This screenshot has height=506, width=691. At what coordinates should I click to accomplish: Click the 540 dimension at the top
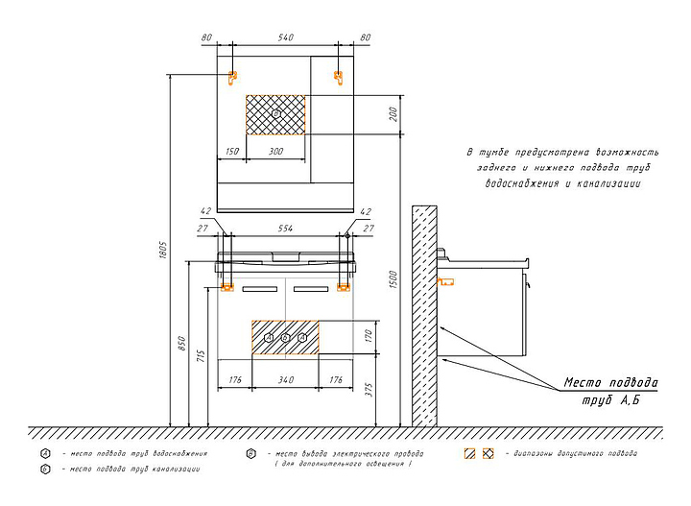coord(285,37)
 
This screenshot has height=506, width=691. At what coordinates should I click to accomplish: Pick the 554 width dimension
coord(285,229)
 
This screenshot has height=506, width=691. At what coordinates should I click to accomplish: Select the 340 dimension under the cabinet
coord(285,380)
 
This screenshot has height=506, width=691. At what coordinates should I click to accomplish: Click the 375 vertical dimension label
coord(368,389)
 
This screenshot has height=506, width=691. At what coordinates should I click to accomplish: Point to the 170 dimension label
coord(368,336)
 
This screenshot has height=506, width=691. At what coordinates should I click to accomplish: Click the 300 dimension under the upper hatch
coord(275,152)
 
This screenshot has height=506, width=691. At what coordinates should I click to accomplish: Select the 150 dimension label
coord(231,152)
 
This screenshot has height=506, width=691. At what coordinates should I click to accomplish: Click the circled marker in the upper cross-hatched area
coord(275,113)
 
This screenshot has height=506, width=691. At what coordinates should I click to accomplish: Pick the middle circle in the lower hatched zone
coord(285,337)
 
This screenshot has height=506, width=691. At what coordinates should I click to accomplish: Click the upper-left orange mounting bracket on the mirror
coord(232,77)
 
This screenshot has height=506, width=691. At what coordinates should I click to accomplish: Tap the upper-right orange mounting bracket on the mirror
coord(338,77)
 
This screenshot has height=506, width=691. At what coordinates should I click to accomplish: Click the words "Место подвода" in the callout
coord(610,382)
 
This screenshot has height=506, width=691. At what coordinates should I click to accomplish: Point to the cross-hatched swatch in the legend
coord(488,452)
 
